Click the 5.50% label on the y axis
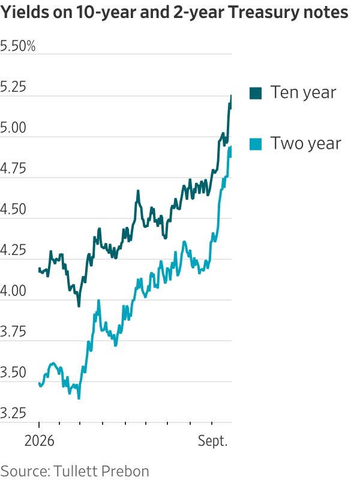click(18, 46)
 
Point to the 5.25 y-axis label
click(13, 87)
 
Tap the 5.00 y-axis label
click(13, 128)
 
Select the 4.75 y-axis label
click(13, 169)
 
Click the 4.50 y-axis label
click(13, 209)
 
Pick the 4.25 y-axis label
click(13, 250)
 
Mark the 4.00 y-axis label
click(13, 291)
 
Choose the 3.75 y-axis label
click(13, 332)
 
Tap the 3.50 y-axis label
click(13, 373)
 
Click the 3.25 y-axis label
click(13, 413)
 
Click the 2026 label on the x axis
click(39, 441)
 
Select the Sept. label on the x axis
click(213, 442)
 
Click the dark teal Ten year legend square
click(256, 93)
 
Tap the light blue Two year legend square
click(256, 144)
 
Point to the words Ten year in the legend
click(303, 92)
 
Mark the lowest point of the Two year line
click(79, 398)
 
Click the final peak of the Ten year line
click(231, 95)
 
